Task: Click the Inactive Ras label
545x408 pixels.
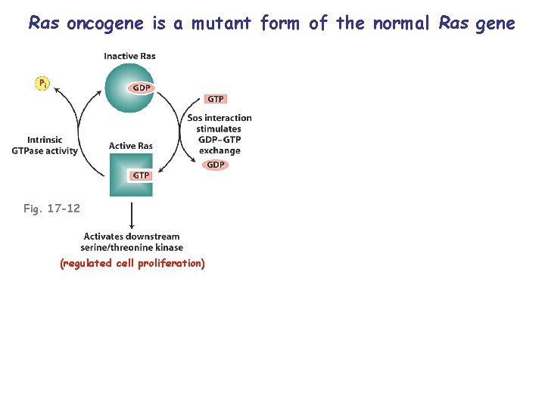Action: (x=129, y=56)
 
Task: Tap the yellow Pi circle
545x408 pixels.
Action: (x=42, y=83)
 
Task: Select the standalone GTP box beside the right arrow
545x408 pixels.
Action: (x=216, y=99)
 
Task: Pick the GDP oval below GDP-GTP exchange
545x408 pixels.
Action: (x=216, y=165)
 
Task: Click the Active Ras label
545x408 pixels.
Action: (x=131, y=146)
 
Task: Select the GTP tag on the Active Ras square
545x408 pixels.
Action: (x=141, y=175)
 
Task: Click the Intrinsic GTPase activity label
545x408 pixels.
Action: (x=45, y=145)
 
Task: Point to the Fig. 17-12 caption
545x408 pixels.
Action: (x=51, y=209)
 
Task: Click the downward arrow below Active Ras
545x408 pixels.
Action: (x=132, y=215)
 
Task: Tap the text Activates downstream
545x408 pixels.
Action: (x=132, y=236)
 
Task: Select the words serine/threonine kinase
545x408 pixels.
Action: (x=133, y=247)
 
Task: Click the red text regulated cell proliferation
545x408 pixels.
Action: (x=132, y=264)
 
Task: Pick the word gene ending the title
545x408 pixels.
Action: (x=494, y=23)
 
